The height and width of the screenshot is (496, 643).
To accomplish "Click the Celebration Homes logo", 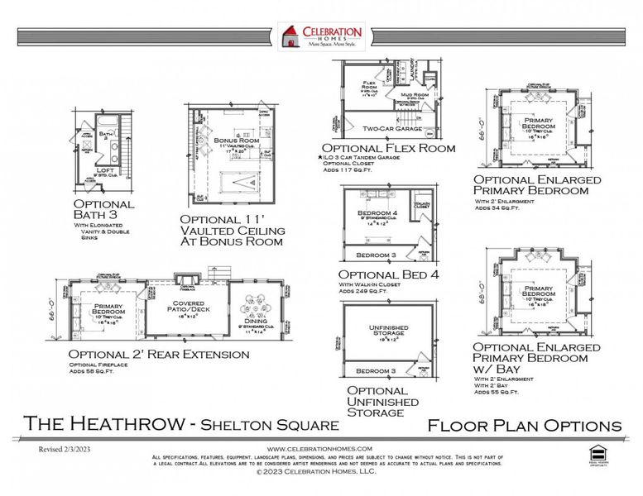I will [x=321, y=38].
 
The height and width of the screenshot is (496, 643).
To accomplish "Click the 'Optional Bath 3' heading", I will [x=104, y=209].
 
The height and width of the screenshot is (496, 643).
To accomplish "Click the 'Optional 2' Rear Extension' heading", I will [x=159, y=354].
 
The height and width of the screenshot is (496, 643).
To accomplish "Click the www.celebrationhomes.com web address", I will [x=321, y=447].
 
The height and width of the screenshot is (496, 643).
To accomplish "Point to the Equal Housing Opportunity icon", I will [x=596, y=453].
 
